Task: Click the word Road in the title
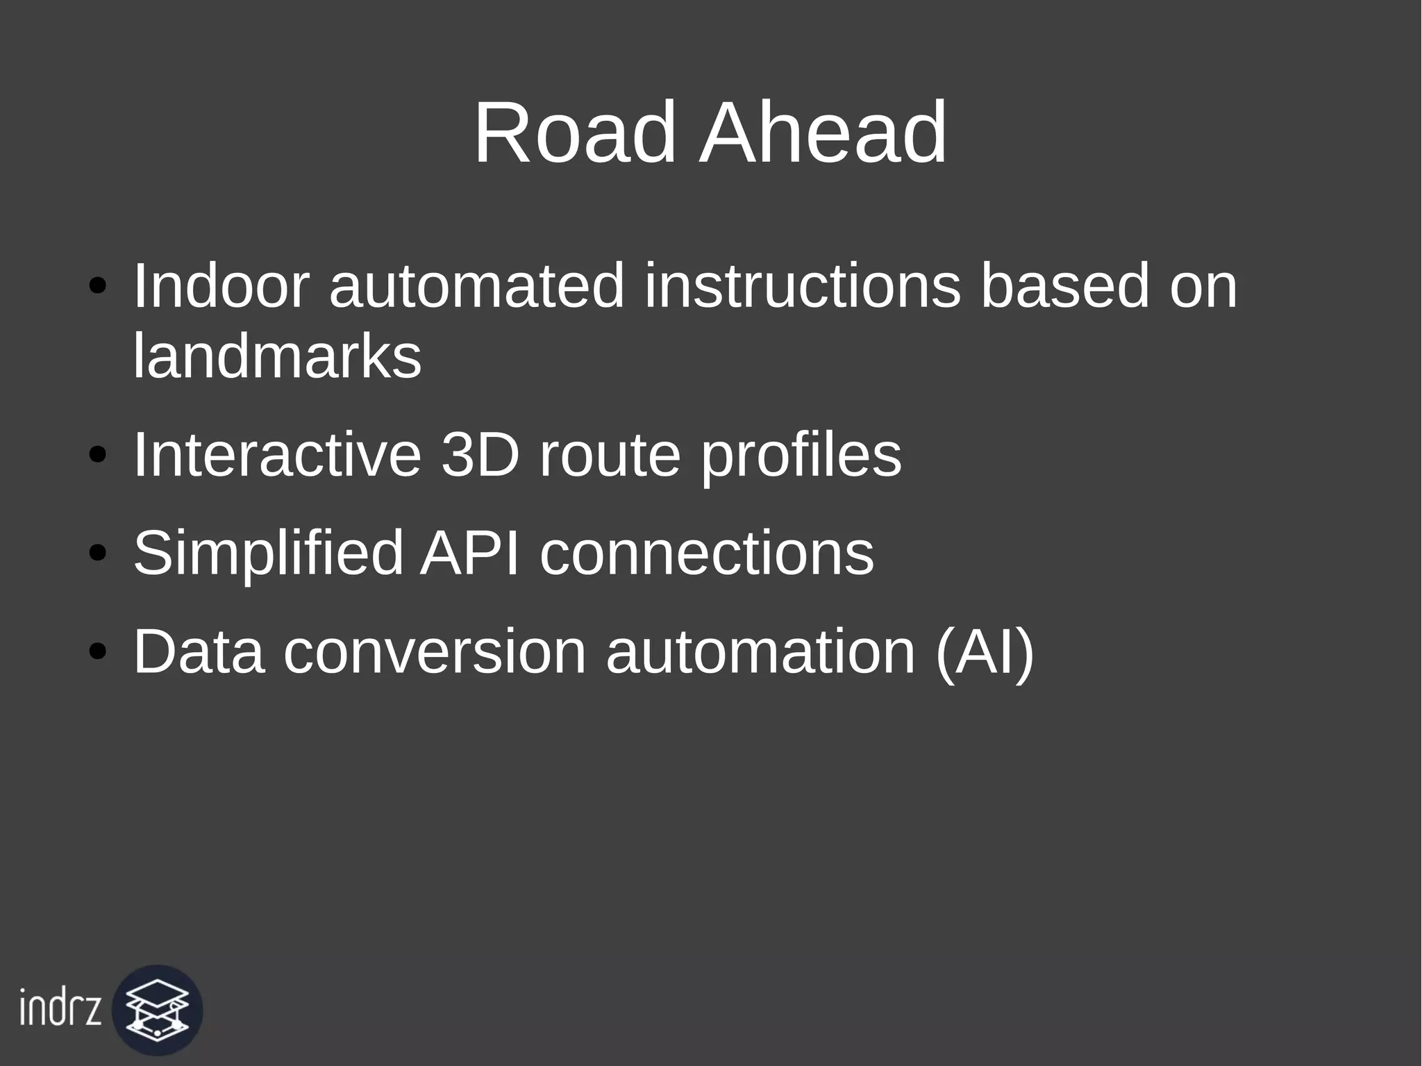point(575,133)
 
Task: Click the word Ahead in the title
point(823,133)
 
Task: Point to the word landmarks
point(277,357)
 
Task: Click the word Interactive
point(277,456)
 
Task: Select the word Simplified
point(268,553)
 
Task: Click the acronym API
point(470,553)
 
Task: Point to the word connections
point(707,553)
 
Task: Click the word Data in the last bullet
point(199,651)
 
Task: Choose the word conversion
point(435,651)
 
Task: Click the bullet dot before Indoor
point(98,287)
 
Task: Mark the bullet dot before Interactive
point(98,456)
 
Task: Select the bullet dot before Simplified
point(98,554)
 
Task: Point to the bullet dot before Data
point(98,652)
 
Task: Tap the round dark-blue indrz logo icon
point(158,1010)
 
